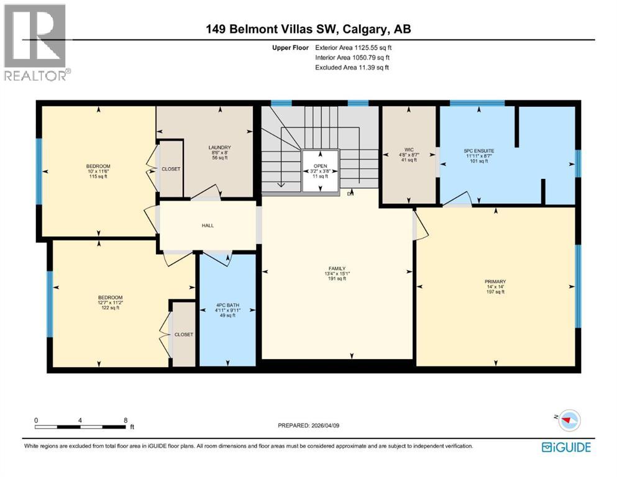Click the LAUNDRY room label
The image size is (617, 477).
220,147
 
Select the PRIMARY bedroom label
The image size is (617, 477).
495,281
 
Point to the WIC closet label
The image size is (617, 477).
408,149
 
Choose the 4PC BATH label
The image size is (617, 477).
227,305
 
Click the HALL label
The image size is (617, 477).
208,225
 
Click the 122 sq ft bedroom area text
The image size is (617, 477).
111,308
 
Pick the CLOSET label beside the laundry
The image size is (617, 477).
171,169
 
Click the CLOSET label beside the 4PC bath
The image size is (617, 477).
183,334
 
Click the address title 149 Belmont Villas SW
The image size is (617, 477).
308,29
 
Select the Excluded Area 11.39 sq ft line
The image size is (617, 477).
352,67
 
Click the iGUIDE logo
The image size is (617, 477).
566,447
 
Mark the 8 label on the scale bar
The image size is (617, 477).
126,420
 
